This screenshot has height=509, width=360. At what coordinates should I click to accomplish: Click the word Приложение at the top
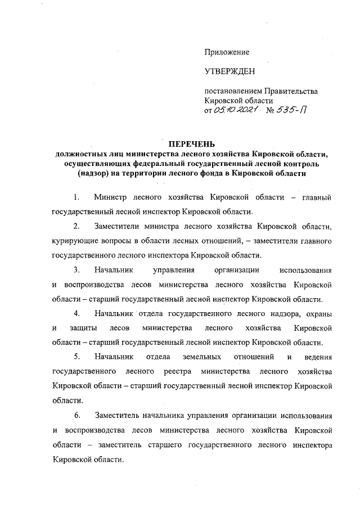[x=226, y=52]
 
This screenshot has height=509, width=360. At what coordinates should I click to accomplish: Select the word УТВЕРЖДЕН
[x=229, y=71]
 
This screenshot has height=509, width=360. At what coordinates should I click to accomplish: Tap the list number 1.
[x=76, y=198]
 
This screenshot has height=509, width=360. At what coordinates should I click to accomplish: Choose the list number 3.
[x=76, y=269]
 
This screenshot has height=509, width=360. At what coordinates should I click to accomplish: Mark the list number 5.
[x=76, y=357]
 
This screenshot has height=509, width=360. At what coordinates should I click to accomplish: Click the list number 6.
[x=76, y=415]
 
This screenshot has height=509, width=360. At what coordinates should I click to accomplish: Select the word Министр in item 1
[x=110, y=198]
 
